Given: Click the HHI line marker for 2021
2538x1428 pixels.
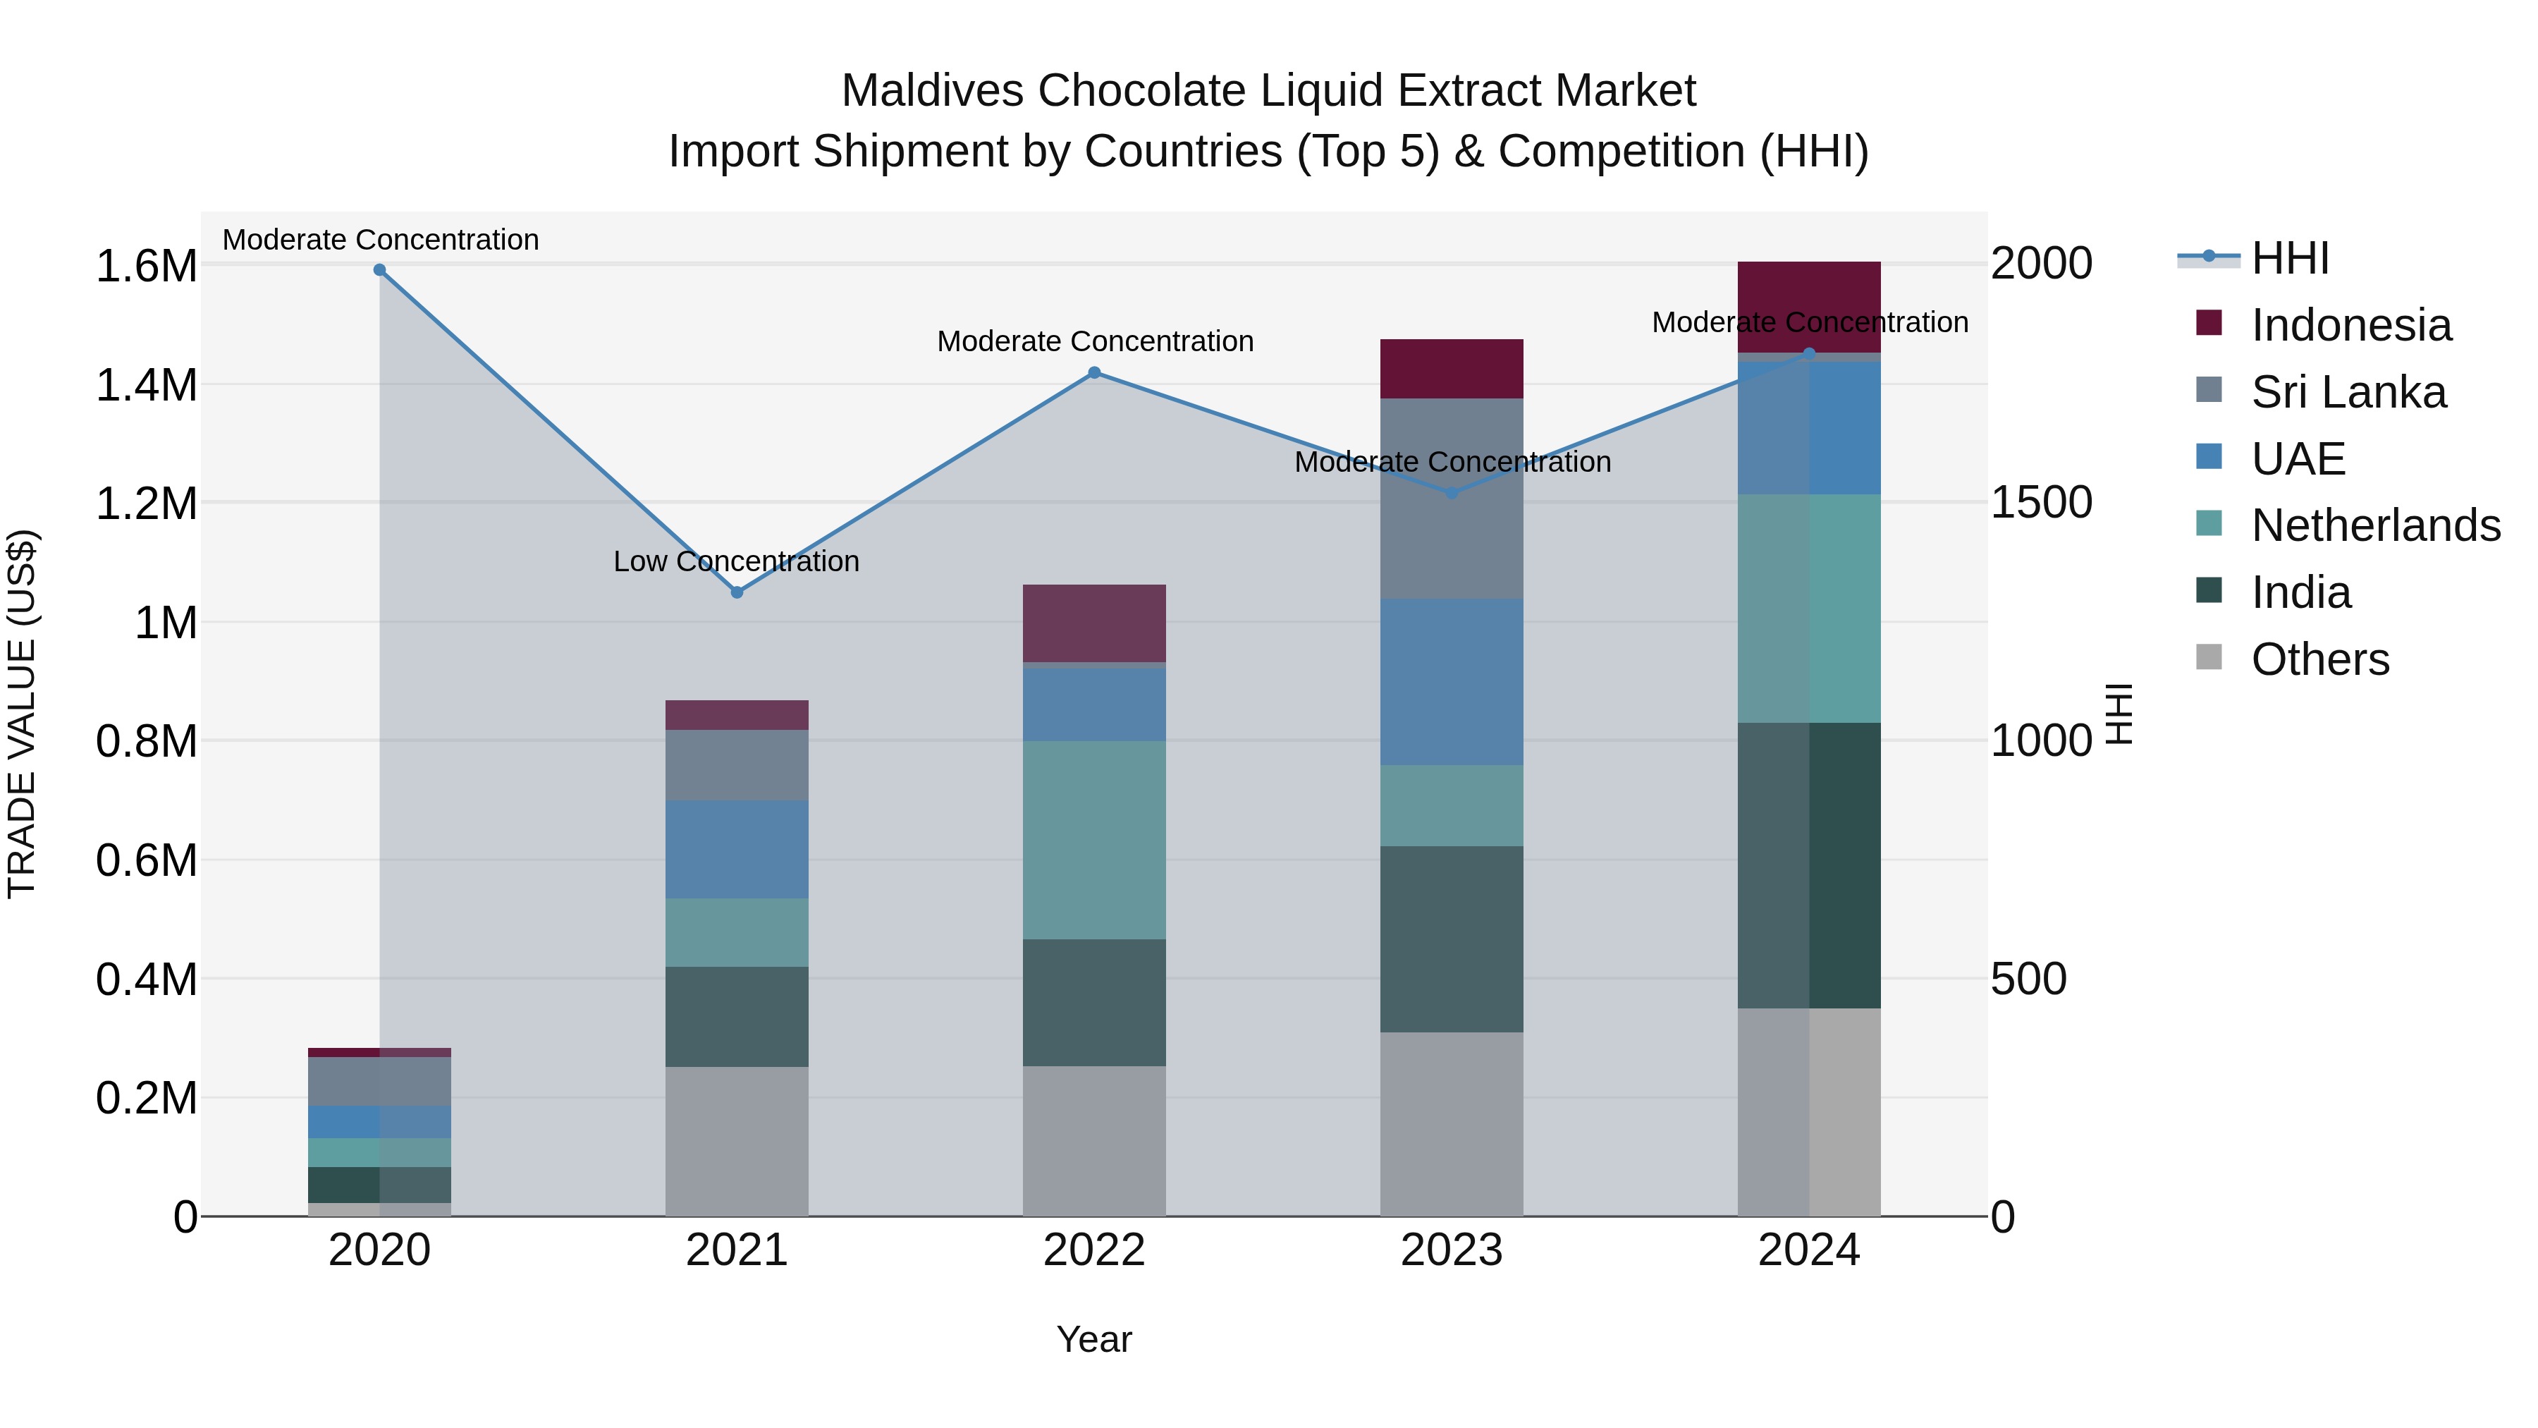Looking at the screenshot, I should coord(737,592).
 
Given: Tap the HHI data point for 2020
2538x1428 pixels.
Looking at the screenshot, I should coord(379,270).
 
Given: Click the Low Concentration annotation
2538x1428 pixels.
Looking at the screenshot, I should coord(736,562).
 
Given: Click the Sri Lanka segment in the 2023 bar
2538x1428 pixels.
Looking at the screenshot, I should coord(1452,499).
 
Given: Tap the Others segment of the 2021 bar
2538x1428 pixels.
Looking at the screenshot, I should coord(737,1141).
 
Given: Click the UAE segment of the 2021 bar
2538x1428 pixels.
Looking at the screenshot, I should coord(737,850).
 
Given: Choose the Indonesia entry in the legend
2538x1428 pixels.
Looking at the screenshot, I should coord(2350,325).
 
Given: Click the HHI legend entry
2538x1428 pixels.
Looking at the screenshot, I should coord(2290,258).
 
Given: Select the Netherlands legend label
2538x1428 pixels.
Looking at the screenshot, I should coord(2375,525).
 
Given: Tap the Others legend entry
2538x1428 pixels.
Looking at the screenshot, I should coord(2320,659).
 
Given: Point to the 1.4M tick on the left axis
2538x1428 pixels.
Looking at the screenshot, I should coord(146,385).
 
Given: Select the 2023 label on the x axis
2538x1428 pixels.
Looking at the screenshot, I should coord(1452,1250).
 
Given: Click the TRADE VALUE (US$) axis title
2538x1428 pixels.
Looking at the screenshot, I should coord(22,714).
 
